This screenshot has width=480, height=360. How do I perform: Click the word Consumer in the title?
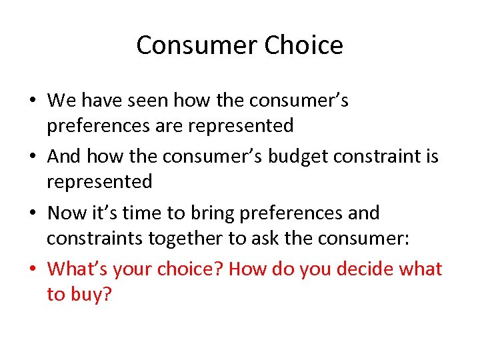(x=197, y=45)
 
